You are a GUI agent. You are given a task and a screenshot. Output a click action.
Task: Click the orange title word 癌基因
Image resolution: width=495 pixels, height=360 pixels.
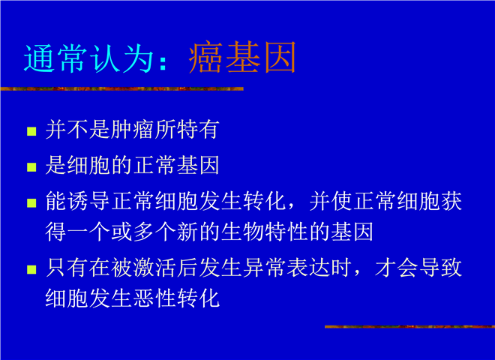pos(242,57)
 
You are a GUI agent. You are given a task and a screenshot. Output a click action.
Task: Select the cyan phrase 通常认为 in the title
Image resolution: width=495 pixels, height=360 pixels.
pos(88,58)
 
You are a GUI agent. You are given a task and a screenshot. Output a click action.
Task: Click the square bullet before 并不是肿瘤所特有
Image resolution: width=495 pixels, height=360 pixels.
pos(31,131)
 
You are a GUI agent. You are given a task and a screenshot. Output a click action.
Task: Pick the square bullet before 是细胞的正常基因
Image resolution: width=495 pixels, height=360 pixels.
pos(31,167)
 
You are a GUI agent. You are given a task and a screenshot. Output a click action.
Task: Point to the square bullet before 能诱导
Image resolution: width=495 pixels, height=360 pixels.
pos(31,202)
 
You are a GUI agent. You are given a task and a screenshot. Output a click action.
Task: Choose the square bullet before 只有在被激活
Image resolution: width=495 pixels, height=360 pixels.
pos(31,269)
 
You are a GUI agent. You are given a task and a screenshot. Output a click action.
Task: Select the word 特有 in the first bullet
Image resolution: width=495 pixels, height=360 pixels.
pos(198,130)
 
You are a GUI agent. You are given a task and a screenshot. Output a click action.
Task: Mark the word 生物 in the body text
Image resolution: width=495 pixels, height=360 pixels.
pos(242,232)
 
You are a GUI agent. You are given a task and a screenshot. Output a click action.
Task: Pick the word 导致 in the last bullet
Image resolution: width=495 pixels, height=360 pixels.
pos(440,268)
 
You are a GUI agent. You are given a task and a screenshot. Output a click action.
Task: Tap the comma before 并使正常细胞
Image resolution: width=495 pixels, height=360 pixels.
pos(291,206)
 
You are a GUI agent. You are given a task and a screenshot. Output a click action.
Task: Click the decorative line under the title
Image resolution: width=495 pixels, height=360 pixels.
pos(121,89)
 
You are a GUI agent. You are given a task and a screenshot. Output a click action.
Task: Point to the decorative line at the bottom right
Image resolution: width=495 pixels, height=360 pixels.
pos(409,326)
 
